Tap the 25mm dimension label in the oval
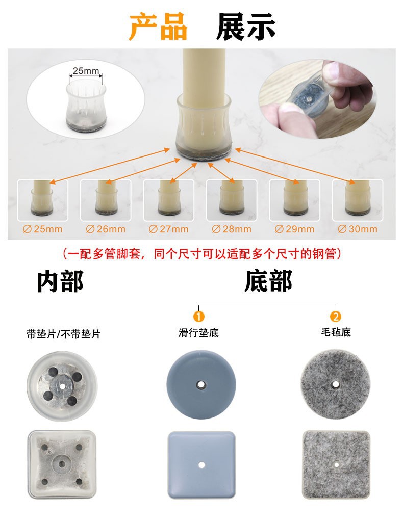(x=85, y=71)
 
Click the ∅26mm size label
(x=106, y=229)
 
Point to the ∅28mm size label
(x=232, y=229)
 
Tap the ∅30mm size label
(x=358, y=229)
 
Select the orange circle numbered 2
(x=335, y=316)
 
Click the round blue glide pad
(x=202, y=384)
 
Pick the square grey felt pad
(x=337, y=464)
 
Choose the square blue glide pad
(x=202, y=464)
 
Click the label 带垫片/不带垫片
(x=64, y=334)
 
